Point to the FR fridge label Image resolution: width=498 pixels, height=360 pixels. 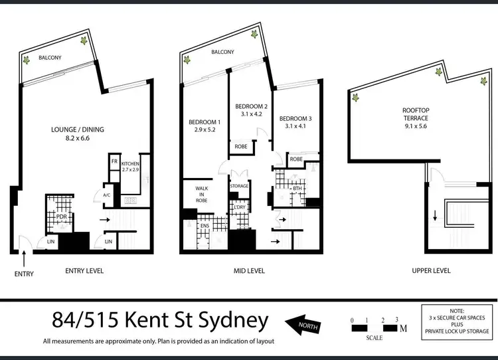tap(114, 161)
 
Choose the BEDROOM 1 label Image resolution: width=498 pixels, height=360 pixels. tap(205, 122)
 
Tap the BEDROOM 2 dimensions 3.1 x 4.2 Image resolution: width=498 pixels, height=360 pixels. tap(251, 114)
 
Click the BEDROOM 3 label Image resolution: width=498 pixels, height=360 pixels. tap(295, 118)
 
